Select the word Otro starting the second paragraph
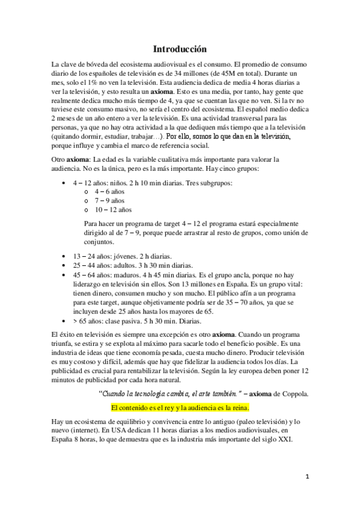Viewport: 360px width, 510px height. pos(59,159)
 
